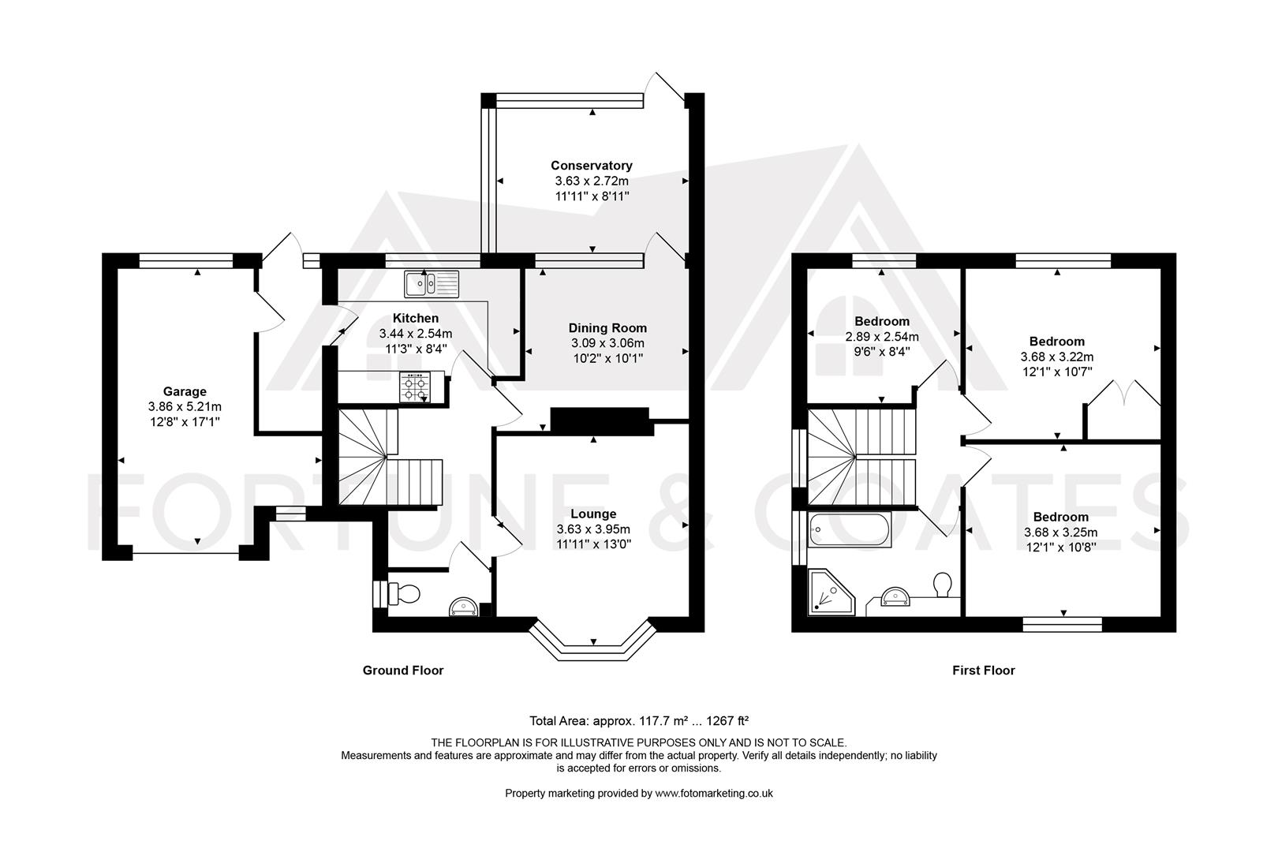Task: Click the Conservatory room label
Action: tap(591, 166)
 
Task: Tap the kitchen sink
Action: tap(432, 284)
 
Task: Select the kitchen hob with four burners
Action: tap(415, 387)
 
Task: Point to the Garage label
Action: tap(185, 391)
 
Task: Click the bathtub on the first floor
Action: tap(850, 529)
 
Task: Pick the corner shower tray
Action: tap(831, 592)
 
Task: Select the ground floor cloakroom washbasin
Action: tap(463, 607)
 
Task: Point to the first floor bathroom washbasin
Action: tap(895, 596)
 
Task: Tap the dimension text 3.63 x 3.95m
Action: tap(593, 529)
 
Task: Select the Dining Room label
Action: tap(607, 328)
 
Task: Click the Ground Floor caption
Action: tap(403, 671)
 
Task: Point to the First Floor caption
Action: tap(984, 671)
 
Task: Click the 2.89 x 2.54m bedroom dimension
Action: tap(882, 337)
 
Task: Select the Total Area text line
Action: tap(639, 721)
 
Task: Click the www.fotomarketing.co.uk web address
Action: tap(714, 793)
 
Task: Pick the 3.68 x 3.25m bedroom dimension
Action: tap(1060, 532)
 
